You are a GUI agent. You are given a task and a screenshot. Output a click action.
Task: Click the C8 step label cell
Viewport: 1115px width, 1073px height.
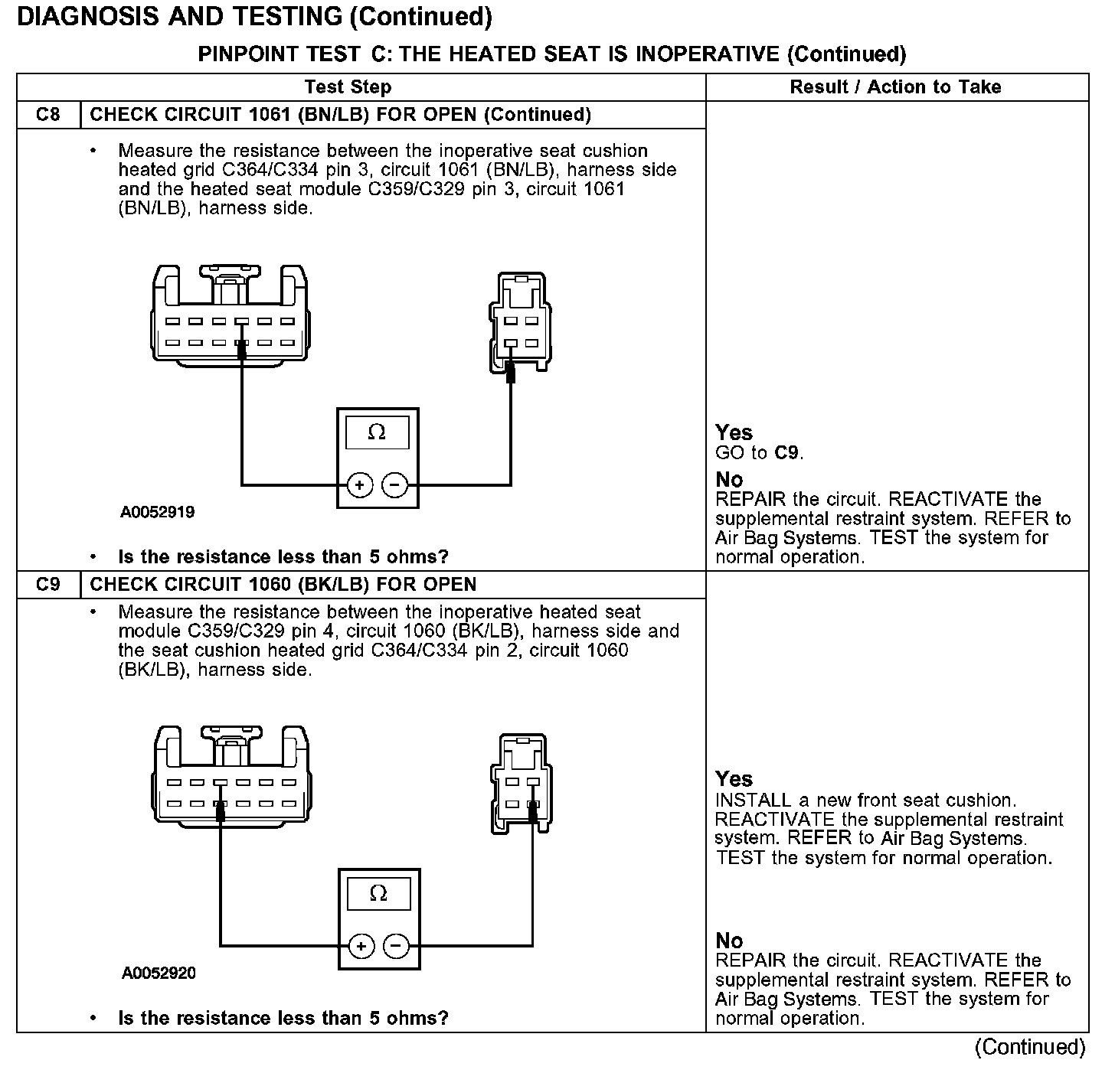(x=47, y=115)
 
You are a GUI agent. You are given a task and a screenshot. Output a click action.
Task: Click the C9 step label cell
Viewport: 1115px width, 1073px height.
(x=47, y=585)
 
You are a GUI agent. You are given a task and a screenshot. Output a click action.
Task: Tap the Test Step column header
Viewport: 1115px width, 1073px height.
(x=348, y=87)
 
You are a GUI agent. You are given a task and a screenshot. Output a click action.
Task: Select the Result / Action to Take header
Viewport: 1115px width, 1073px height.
(x=895, y=87)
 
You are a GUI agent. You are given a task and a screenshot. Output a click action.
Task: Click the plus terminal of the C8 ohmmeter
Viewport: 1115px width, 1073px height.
(x=360, y=484)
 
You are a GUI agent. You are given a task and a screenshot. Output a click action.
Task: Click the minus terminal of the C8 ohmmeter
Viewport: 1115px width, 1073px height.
(x=395, y=484)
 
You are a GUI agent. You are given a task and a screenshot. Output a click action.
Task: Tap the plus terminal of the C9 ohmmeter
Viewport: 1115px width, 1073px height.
(x=361, y=946)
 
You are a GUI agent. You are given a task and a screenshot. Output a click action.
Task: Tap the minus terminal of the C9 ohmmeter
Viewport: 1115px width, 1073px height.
(x=397, y=946)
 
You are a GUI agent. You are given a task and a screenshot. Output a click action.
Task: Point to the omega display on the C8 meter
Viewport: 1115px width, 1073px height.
(x=377, y=433)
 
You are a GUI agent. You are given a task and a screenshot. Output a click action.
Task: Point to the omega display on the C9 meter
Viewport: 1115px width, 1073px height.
(x=378, y=894)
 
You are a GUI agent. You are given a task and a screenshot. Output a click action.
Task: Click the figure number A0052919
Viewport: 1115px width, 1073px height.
(x=157, y=513)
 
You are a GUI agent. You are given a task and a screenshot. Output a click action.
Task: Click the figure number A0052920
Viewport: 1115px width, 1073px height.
(x=159, y=974)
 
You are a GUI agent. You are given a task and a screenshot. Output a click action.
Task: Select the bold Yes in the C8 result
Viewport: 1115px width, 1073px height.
(x=734, y=432)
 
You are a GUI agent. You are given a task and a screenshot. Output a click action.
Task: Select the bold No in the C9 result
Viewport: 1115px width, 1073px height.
(x=729, y=940)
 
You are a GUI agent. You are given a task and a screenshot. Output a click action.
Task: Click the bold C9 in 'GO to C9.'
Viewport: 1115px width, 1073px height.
(x=787, y=453)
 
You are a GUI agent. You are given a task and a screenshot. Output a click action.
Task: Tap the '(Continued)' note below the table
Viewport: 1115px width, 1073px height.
(x=1029, y=1047)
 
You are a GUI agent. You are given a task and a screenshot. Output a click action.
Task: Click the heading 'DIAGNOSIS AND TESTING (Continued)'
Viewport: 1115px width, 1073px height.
(x=254, y=17)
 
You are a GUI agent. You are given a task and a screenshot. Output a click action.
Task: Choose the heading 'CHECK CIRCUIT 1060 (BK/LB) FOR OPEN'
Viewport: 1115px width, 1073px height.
(x=283, y=585)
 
